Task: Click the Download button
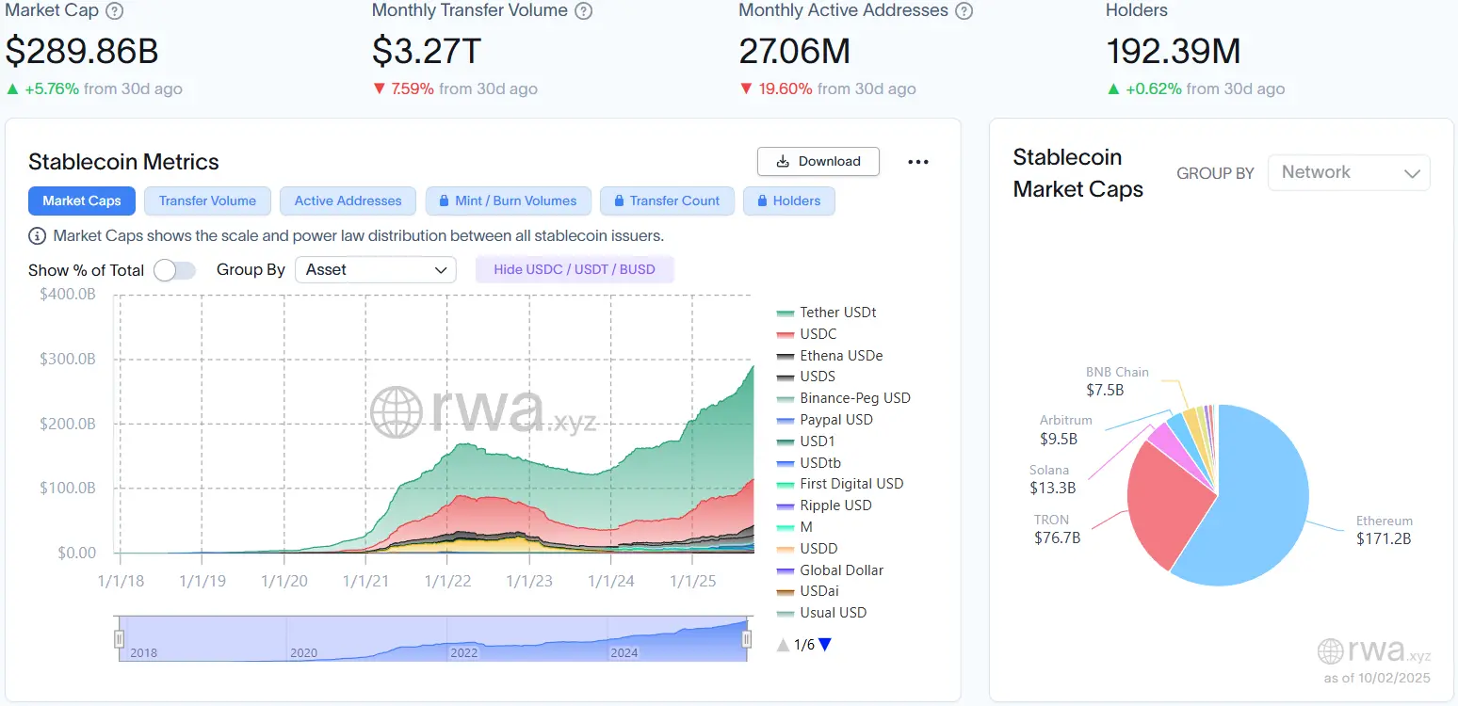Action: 818,161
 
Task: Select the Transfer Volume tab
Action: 207,201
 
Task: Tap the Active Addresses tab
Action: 348,201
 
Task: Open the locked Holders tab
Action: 788,201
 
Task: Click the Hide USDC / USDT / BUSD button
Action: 575,269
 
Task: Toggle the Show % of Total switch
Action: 174,270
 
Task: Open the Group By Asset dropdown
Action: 375,269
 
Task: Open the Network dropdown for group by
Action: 1349,172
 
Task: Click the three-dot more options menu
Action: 918,162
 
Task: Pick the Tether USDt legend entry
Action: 837,313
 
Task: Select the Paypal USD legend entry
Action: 835,420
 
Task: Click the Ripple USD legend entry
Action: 835,505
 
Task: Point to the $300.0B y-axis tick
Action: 68,359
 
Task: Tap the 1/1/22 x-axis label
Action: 447,581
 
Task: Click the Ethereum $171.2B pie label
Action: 1384,530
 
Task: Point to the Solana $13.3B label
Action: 1051,479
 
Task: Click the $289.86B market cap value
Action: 82,51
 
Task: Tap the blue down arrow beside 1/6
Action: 825,645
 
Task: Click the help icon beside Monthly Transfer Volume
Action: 584,11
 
